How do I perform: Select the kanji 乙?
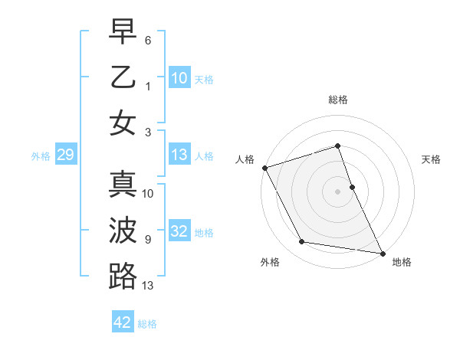(x=123, y=77)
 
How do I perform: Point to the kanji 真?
(x=123, y=185)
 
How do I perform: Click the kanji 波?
(x=123, y=231)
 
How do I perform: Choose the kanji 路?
(x=123, y=276)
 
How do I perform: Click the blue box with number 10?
(x=179, y=78)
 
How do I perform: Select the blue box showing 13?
(x=179, y=155)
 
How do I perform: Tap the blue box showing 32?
(x=179, y=231)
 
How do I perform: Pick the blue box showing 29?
(x=65, y=155)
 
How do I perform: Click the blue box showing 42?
(x=123, y=322)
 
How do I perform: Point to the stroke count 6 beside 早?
(x=148, y=39)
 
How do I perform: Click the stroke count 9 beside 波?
(x=148, y=239)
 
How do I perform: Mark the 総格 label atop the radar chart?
(x=338, y=100)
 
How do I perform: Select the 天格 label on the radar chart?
(x=431, y=159)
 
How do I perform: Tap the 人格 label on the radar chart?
(x=245, y=159)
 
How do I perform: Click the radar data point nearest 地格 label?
(x=382, y=252)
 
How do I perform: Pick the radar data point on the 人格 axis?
(x=264, y=168)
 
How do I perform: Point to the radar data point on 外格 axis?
(x=302, y=242)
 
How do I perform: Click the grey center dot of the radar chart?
(x=338, y=191)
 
